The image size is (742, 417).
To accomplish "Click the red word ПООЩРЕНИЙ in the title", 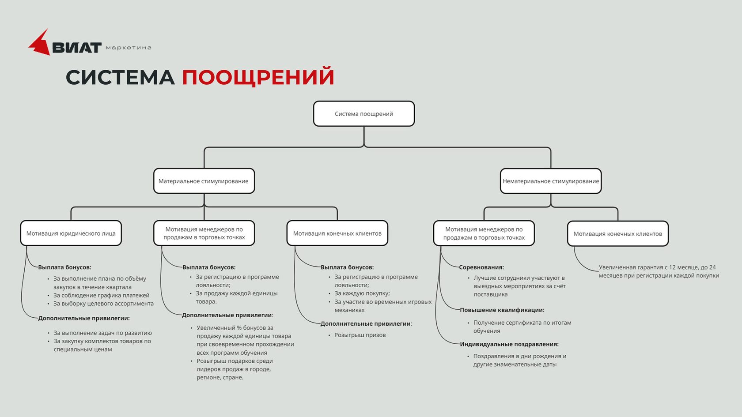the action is (258, 77).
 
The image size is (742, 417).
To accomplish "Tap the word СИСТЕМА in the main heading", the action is (120, 77).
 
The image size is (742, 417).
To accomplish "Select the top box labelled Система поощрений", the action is (364, 113).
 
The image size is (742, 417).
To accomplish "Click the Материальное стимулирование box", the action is (204, 181).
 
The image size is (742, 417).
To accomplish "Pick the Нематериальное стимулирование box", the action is (550, 181).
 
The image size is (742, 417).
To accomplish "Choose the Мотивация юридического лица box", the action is (71, 233).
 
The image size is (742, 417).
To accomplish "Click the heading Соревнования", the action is (481, 267).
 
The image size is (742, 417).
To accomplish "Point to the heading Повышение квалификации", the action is (502, 310).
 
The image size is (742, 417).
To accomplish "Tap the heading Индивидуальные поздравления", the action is (509, 344).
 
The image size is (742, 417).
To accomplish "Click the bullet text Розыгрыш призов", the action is (360, 335).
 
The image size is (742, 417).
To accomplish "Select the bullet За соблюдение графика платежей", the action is (102, 295).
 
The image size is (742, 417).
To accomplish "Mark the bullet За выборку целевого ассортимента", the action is (104, 304).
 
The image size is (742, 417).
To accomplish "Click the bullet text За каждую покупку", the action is (362, 293).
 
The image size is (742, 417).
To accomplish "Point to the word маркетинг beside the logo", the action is (129, 48).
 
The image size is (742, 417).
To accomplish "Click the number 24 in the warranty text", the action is (712, 267).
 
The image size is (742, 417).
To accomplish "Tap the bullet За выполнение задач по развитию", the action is (102, 333).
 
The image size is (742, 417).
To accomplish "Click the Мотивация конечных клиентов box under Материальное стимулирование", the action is (337, 233).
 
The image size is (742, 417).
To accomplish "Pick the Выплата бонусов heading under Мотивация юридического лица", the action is (64, 267).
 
